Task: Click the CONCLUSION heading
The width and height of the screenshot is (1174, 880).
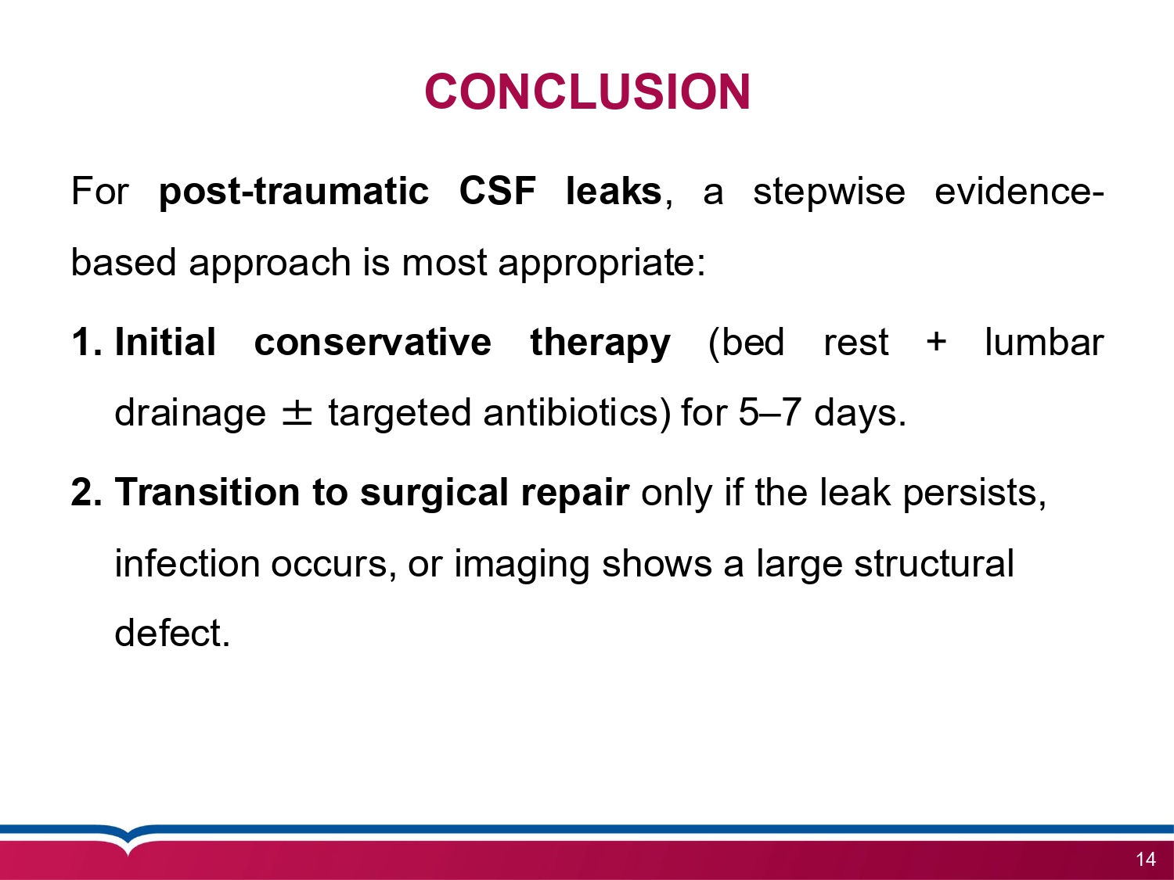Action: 587,92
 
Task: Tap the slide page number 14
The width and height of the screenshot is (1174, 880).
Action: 1145,860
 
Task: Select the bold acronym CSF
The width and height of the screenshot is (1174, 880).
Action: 497,192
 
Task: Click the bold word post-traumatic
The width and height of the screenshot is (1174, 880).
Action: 293,192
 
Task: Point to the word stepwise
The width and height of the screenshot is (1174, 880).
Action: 828,192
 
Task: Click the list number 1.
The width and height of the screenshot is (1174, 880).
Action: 85,343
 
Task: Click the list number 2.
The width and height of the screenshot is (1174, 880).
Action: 85,493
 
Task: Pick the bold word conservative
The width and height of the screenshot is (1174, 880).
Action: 373,343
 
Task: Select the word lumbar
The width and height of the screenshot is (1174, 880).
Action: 1043,343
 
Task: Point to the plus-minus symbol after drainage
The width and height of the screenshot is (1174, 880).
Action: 297,414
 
